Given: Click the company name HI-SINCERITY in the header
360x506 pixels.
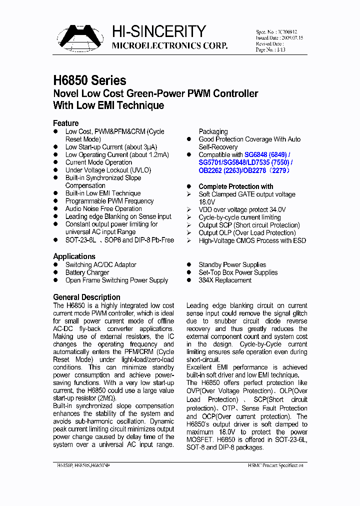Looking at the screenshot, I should point(158,32).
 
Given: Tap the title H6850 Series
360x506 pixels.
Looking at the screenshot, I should point(89,80).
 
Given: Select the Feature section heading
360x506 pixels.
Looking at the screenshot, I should point(65,123).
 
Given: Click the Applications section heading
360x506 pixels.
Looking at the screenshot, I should point(74,256).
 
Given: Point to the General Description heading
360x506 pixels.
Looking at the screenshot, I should point(86,297).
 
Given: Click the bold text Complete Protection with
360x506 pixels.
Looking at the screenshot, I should point(236,186).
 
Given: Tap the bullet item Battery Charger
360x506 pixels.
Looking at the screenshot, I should point(87,272).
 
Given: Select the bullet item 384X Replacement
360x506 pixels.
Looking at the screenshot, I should point(225,280).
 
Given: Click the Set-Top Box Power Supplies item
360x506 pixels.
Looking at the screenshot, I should point(238,272).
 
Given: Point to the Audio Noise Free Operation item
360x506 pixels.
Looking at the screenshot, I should point(103,209).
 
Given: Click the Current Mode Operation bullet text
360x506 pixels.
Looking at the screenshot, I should point(98,162).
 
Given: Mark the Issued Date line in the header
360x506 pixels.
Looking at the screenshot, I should point(279,37).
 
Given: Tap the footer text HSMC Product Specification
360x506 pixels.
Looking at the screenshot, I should point(275,465).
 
